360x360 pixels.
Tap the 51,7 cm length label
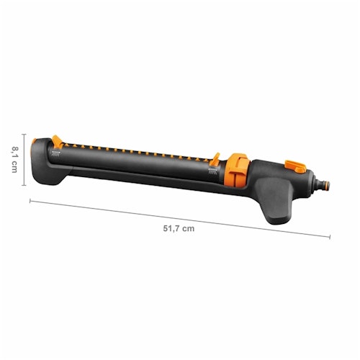pyautogui.click(x=179, y=228)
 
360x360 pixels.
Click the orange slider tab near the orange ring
pyautogui.click(x=214, y=156)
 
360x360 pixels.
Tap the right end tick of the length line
pyautogui.click(x=330, y=236)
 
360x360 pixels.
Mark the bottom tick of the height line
pyautogui.click(x=24, y=186)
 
